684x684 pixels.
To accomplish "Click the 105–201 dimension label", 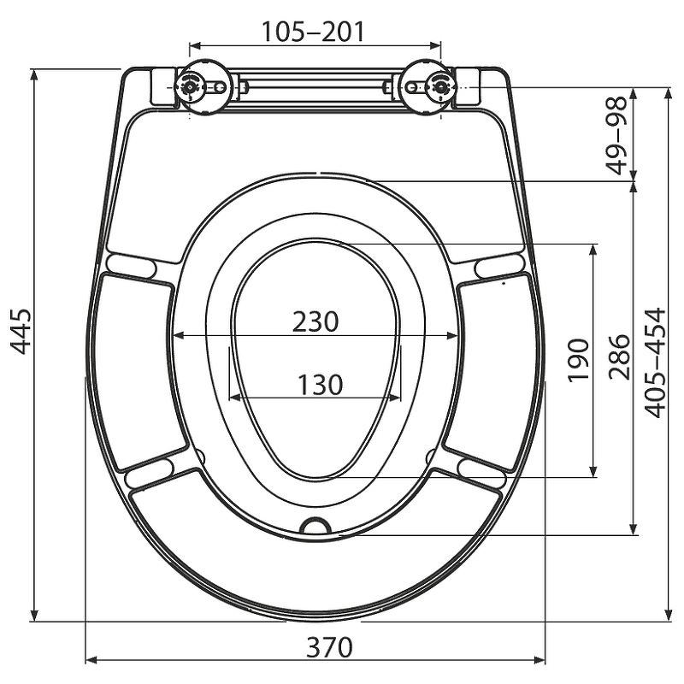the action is [312, 32].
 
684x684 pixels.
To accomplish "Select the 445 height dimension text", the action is [21, 331].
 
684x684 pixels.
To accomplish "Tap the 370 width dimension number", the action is [329, 647].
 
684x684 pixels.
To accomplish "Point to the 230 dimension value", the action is [315, 322].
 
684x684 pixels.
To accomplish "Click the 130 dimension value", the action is [320, 385].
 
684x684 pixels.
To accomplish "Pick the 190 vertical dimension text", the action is [579, 360].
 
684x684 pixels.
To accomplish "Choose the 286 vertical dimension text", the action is [620, 357].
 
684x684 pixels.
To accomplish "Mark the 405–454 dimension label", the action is [655, 363].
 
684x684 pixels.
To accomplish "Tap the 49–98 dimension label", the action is [617, 135].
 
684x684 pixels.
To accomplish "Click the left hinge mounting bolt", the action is [190, 87].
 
